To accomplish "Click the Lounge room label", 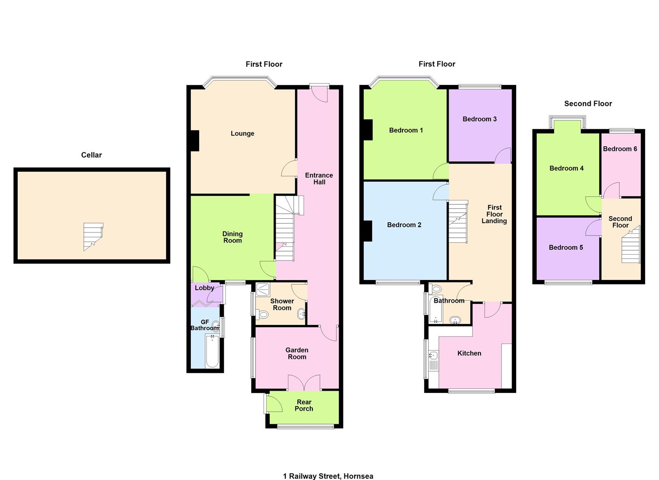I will pos(242,133).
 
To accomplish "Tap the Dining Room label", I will pos(233,237).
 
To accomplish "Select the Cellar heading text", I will pos(91,155).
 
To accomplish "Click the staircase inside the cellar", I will pos(93,236).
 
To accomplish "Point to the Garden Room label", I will pos(297,353).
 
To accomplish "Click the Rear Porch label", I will pos(304,405).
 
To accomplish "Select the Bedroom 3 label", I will pos(479,119).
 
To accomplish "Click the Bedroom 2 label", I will pos(404,225).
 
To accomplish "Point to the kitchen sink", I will pos(434,356).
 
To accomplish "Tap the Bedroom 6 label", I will pos(620,149).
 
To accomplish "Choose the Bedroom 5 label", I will pos(566,248).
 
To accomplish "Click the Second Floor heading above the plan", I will pos(588,104).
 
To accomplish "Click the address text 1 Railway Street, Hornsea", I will pos(328,476).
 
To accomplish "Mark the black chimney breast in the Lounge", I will pos(195,140).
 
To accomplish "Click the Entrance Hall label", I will pos(319,178).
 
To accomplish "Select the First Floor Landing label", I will pos(494,214).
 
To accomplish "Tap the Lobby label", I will pos(204,288).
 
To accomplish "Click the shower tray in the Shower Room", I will pos(263,290).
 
